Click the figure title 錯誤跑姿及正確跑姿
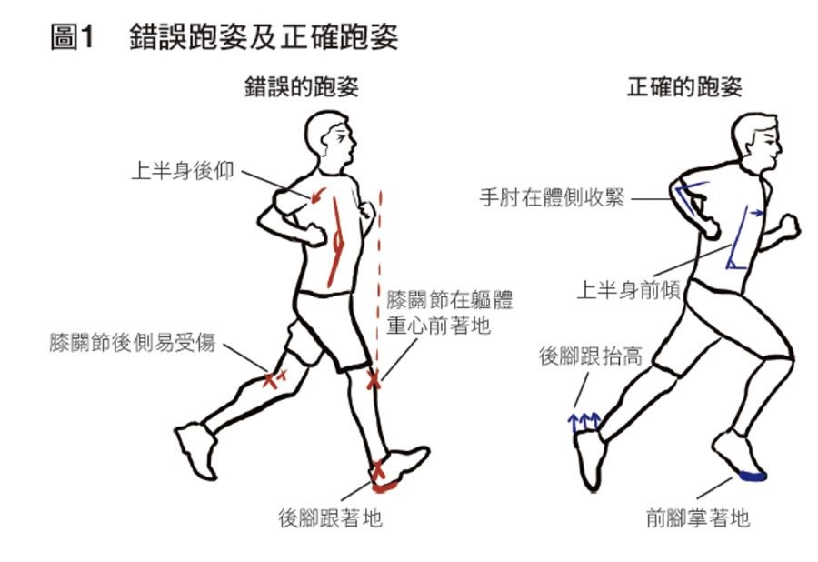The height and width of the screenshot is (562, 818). click(x=264, y=37)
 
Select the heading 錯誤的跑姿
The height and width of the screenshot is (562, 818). click(x=302, y=86)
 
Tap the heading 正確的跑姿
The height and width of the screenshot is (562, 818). click(x=684, y=86)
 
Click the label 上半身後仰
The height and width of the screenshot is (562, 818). click(x=183, y=171)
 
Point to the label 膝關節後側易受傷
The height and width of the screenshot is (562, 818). click(x=133, y=342)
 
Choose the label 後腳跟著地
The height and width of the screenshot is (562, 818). click(x=330, y=517)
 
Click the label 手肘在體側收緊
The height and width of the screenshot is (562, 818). click(x=552, y=197)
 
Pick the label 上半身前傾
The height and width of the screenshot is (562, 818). click(x=629, y=289)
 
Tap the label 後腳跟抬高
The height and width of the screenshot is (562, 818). click(x=591, y=356)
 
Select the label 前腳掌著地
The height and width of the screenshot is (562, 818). click(x=698, y=517)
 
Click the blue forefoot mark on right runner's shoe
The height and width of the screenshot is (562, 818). click(x=753, y=475)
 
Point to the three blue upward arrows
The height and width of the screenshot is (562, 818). click(x=584, y=422)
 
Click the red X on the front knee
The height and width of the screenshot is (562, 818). click(x=373, y=380)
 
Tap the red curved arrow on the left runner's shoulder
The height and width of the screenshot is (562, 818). click(x=318, y=196)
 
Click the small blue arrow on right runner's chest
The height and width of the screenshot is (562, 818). click(x=756, y=213)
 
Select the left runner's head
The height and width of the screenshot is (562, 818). click(x=330, y=139)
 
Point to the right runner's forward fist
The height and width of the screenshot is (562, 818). click(x=789, y=227)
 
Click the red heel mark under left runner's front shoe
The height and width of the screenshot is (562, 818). click(x=384, y=487)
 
